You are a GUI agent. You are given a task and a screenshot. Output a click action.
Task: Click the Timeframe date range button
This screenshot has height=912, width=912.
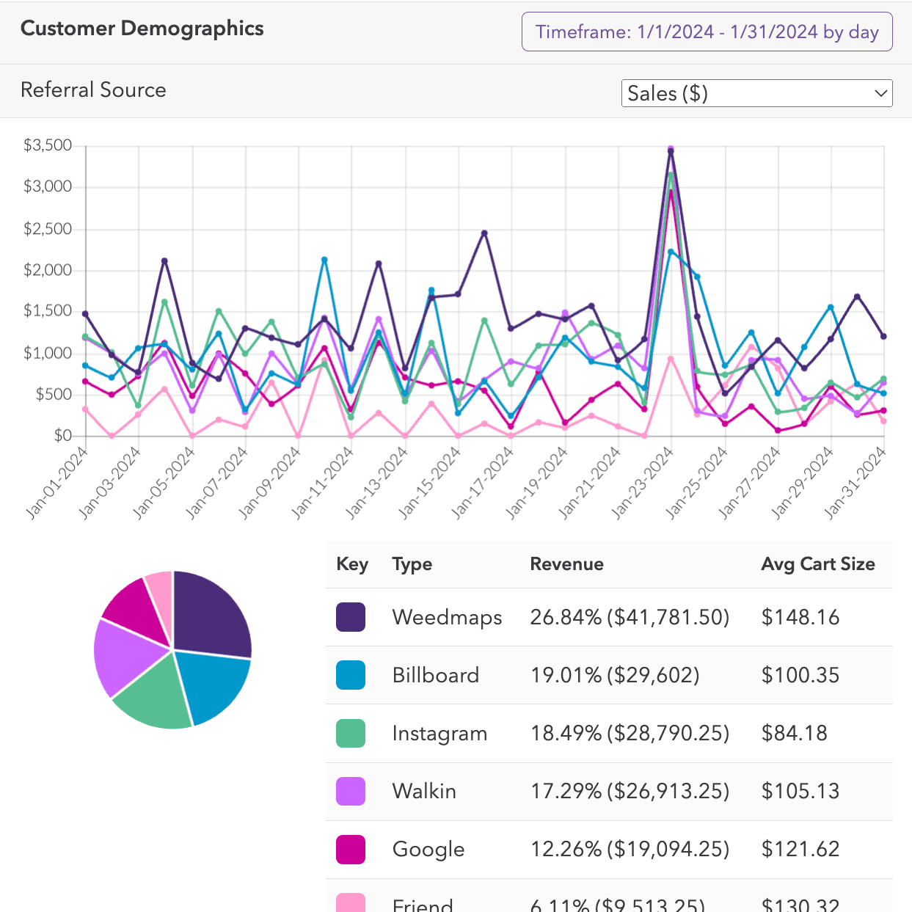tap(707, 32)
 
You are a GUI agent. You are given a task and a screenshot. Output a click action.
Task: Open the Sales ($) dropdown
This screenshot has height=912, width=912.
tap(756, 94)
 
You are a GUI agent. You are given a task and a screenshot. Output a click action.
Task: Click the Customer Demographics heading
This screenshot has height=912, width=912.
tap(142, 29)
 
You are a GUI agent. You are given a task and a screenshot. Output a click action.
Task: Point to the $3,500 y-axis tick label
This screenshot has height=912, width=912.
tap(48, 145)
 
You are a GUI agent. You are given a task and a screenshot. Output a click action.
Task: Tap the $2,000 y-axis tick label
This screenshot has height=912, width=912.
tap(48, 270)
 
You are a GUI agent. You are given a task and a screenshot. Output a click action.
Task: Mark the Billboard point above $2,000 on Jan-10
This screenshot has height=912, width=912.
tap(324, 260)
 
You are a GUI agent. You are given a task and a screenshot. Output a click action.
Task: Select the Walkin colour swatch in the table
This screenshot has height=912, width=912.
tap(351, 791)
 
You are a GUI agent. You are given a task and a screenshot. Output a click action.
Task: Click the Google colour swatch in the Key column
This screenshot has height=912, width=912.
tap(351, 849)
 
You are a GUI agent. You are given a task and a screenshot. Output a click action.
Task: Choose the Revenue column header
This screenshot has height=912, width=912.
tap(566, 564)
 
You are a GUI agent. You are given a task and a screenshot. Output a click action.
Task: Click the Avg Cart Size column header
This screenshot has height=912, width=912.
tap(817, 564)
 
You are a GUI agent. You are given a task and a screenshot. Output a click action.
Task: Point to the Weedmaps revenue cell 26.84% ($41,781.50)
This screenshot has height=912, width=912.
tap(630, 617)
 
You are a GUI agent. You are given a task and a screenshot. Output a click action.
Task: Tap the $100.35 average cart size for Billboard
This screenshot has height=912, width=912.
tap(800, 675)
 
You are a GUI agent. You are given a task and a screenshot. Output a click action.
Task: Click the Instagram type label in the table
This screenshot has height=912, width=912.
tap(439, 733)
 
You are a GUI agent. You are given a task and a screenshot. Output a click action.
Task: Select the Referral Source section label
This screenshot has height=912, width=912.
tap(93, 90)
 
